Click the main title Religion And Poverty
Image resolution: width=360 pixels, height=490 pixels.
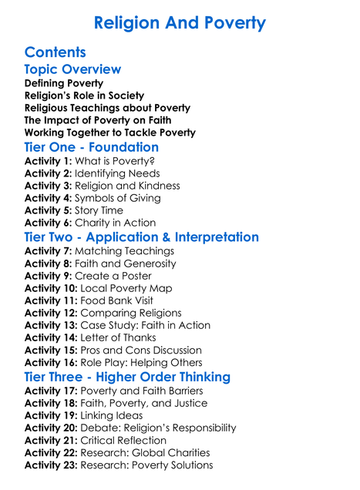click(180, 22)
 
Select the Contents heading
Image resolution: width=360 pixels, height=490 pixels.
click(56, 52)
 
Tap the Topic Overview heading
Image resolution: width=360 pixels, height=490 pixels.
click(72, 69)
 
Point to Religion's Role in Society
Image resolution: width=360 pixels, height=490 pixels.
click(84, 96)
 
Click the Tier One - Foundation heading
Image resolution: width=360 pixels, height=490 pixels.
click(92, 146)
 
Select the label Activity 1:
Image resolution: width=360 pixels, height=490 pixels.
click(48, 161)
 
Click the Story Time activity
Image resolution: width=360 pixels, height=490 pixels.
click(101, 210)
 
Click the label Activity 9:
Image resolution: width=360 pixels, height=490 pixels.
click(48, 276)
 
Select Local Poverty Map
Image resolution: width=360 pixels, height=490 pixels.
click(124, 288)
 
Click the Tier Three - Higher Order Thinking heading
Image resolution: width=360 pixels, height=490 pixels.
click(127, 377)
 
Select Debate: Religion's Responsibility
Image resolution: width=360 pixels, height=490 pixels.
click(158, 428)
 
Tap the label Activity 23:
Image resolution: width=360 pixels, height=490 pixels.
click(51, 465)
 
